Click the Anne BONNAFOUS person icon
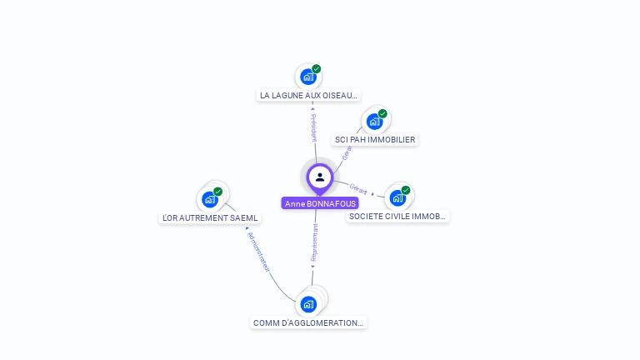319,177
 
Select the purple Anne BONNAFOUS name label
320,203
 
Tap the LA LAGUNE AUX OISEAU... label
308,96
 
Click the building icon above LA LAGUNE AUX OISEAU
308,77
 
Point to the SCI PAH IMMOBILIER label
374,140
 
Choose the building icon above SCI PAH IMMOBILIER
374,122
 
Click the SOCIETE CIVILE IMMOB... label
397,217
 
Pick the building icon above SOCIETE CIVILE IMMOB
397,198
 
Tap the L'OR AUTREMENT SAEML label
210,218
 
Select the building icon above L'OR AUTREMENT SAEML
210,199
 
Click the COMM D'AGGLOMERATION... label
308,322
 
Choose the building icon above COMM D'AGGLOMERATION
308,304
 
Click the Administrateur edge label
258,251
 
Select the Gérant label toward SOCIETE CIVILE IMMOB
359,188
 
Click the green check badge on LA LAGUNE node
317,69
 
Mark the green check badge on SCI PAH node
382,113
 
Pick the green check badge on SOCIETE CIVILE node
406,190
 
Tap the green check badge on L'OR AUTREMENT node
218,192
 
